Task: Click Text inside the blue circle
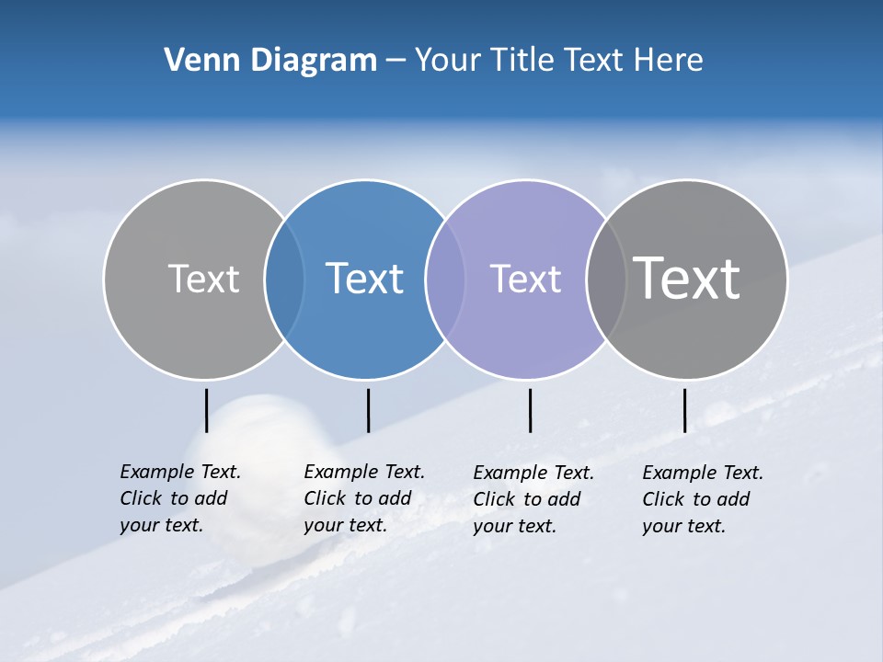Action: (364, 279)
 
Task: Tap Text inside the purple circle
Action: (525, 279)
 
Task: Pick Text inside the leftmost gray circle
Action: (203, 279)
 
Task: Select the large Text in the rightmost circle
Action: (687, 278)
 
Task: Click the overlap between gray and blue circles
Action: (284, 279)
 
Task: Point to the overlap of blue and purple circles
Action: (445, 279)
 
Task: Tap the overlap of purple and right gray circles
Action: (605, 279)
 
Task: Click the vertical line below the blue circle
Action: (368, 410)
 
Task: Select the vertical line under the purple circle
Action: (530, 410)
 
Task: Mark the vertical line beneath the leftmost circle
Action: (206, 410)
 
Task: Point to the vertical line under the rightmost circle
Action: (684, 410)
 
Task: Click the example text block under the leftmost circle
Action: (180, 498)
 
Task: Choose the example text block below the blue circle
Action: (364, 498)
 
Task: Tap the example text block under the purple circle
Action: (533, 499)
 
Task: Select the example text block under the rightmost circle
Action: (703, 499)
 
